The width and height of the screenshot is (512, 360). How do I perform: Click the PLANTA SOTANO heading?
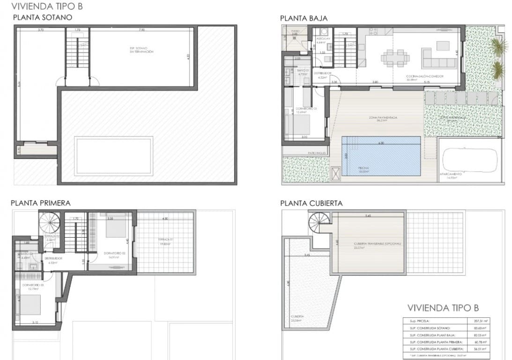click(x=42, y=18)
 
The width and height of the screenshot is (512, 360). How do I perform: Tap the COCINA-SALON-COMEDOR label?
click(x=424, y=77)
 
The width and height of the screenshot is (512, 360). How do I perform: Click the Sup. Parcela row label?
click(x=419, y=321)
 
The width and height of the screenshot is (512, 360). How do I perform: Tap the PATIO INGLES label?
click(x=304, y=153)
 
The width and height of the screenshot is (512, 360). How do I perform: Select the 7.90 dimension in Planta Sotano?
click(x=141, y=30)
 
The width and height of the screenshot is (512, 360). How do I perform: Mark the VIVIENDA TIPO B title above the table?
click(x=443, y=308)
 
